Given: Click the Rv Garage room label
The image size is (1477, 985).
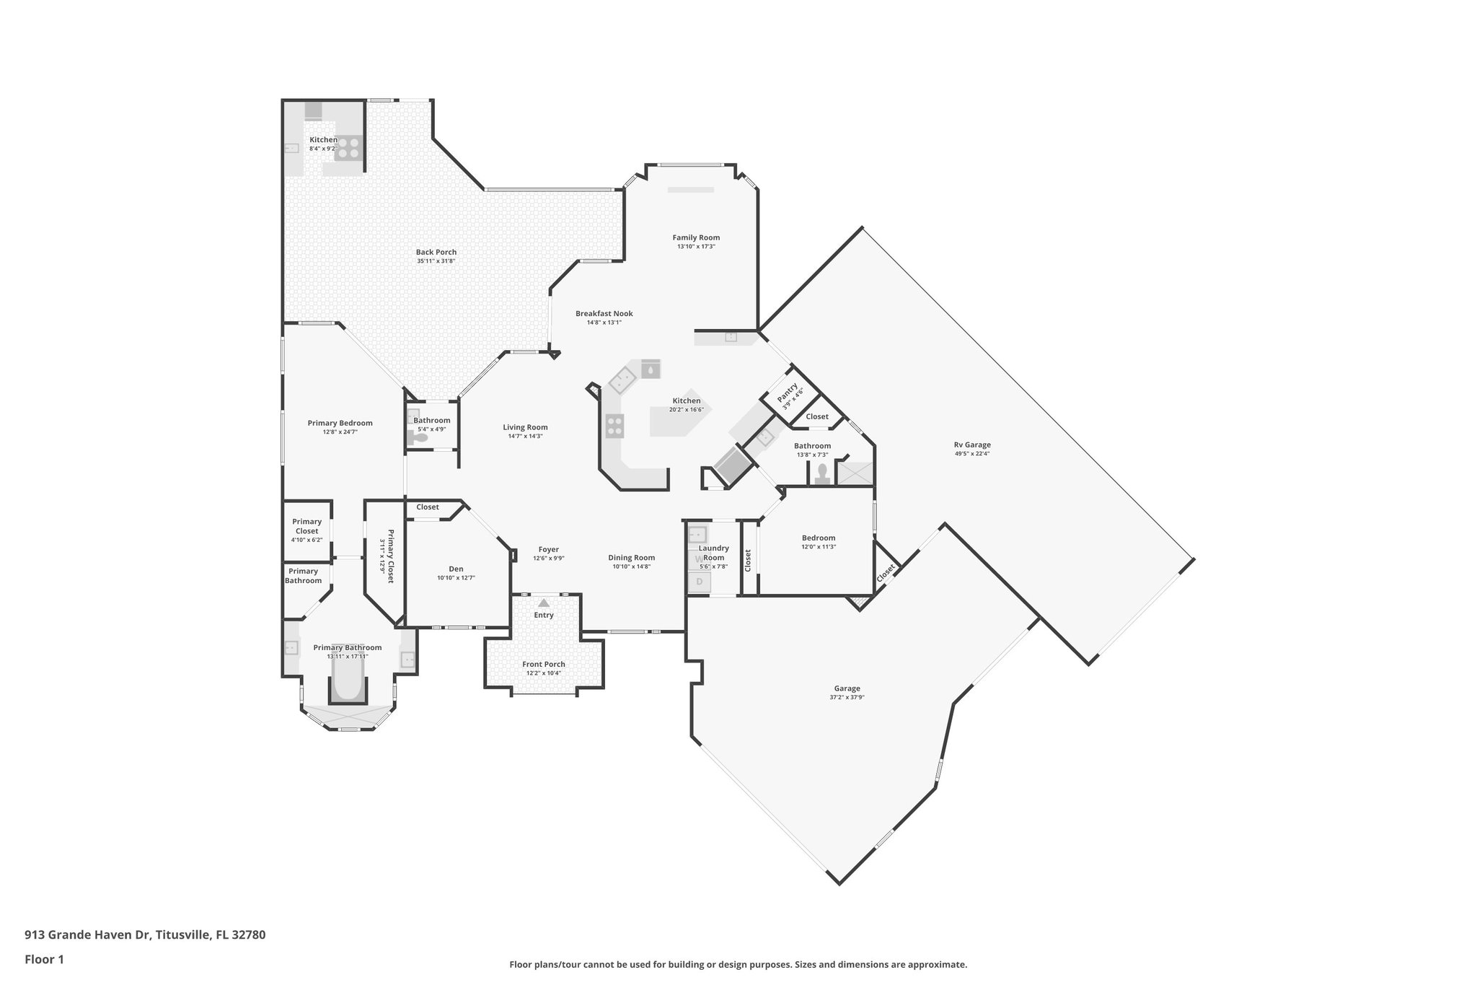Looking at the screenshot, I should tap(972, 445).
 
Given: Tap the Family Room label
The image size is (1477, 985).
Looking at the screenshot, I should tap(696, 237).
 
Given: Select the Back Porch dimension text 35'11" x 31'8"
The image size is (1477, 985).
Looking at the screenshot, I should tap(436, 261).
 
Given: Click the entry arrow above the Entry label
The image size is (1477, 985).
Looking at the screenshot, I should tap(544, 603).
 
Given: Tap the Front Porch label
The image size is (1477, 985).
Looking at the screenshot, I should tap(544, 664).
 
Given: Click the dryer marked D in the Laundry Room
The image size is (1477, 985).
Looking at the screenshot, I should tap(699, 582).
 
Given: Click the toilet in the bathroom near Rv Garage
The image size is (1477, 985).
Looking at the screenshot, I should tap(822, 473).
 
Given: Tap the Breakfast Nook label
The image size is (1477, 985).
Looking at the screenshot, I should tap(604, 313).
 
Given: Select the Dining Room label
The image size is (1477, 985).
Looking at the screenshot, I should tap(631, 557).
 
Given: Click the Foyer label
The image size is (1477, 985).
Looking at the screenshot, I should tap(548, 549).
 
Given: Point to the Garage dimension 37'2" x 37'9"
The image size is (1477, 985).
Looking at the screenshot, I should tap(847, 698).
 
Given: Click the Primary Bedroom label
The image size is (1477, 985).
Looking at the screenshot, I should tap(340, 423).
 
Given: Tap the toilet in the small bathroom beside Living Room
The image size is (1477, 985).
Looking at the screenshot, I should tap(418, 437).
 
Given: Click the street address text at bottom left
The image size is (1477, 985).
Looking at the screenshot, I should tap(145, 934).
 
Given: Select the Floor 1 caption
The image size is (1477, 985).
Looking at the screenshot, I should tap(44, 960).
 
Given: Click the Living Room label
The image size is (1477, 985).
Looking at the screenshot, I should tap(525, 427).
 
